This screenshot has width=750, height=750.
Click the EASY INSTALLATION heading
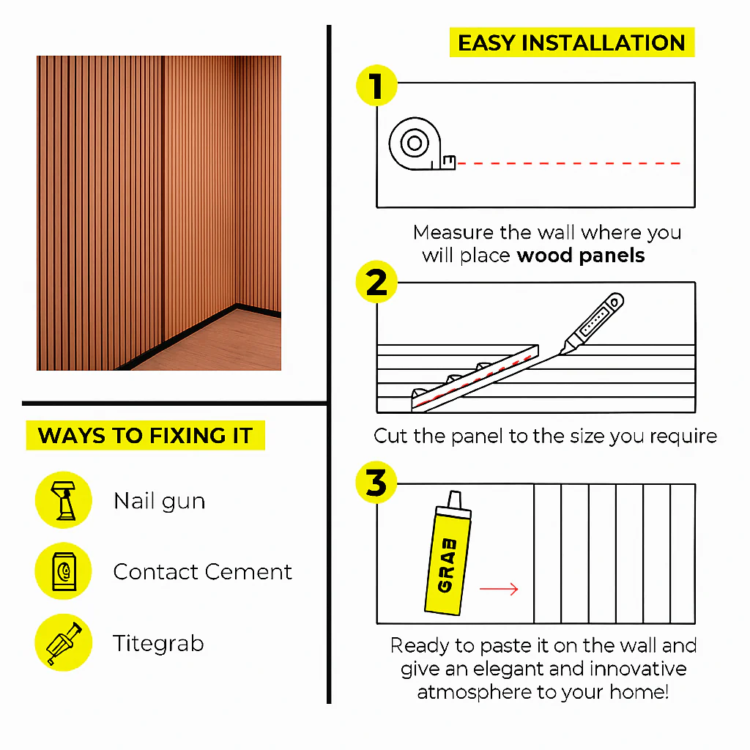(571, 42)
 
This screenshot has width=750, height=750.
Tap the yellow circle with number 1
(377, 86)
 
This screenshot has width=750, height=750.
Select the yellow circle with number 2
(377, 282)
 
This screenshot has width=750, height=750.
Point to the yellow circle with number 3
(376, 482)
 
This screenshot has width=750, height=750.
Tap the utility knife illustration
(592, 323)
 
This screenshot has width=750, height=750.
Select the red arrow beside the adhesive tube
(499, 589)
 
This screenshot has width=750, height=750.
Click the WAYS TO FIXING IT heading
(146, 435)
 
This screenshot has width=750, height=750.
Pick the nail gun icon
(64, 500)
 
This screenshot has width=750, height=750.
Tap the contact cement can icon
(64, 571)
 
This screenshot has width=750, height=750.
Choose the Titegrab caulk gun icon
(64, 643)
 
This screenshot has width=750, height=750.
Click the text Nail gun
(160, 502)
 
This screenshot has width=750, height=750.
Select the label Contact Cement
(202, 571)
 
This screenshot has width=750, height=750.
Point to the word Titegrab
(158, 644)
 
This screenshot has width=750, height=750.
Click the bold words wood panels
(581, 256)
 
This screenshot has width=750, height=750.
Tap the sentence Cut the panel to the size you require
(545, 437)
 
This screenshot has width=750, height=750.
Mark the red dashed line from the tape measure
(568, 163)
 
